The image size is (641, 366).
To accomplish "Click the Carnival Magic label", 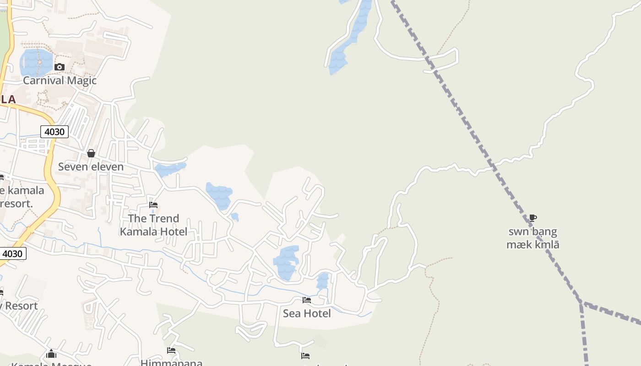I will (60, 81).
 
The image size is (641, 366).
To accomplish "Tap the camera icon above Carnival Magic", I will (59, 67).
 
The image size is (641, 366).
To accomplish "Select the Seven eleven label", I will (91, 167).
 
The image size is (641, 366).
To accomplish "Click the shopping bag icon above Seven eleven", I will (91, 153).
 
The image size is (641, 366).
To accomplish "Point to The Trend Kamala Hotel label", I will (153, 225).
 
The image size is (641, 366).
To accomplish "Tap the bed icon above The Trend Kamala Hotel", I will (153, 205).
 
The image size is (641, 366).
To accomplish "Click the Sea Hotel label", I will (307, 313).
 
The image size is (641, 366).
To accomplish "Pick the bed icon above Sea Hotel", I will (307, 300).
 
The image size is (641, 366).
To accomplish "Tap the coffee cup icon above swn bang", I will (532, 218).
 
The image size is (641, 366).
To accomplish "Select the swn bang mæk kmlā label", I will (532, 238).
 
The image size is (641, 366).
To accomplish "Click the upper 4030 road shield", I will (54, 132).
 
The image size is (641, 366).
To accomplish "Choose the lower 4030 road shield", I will (13, 253).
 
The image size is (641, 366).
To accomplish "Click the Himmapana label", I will (171, 363).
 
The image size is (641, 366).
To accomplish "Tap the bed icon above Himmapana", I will (171, 350).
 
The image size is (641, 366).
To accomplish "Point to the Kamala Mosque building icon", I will (51, 354).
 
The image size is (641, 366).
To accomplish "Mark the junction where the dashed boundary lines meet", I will (581, 303).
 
